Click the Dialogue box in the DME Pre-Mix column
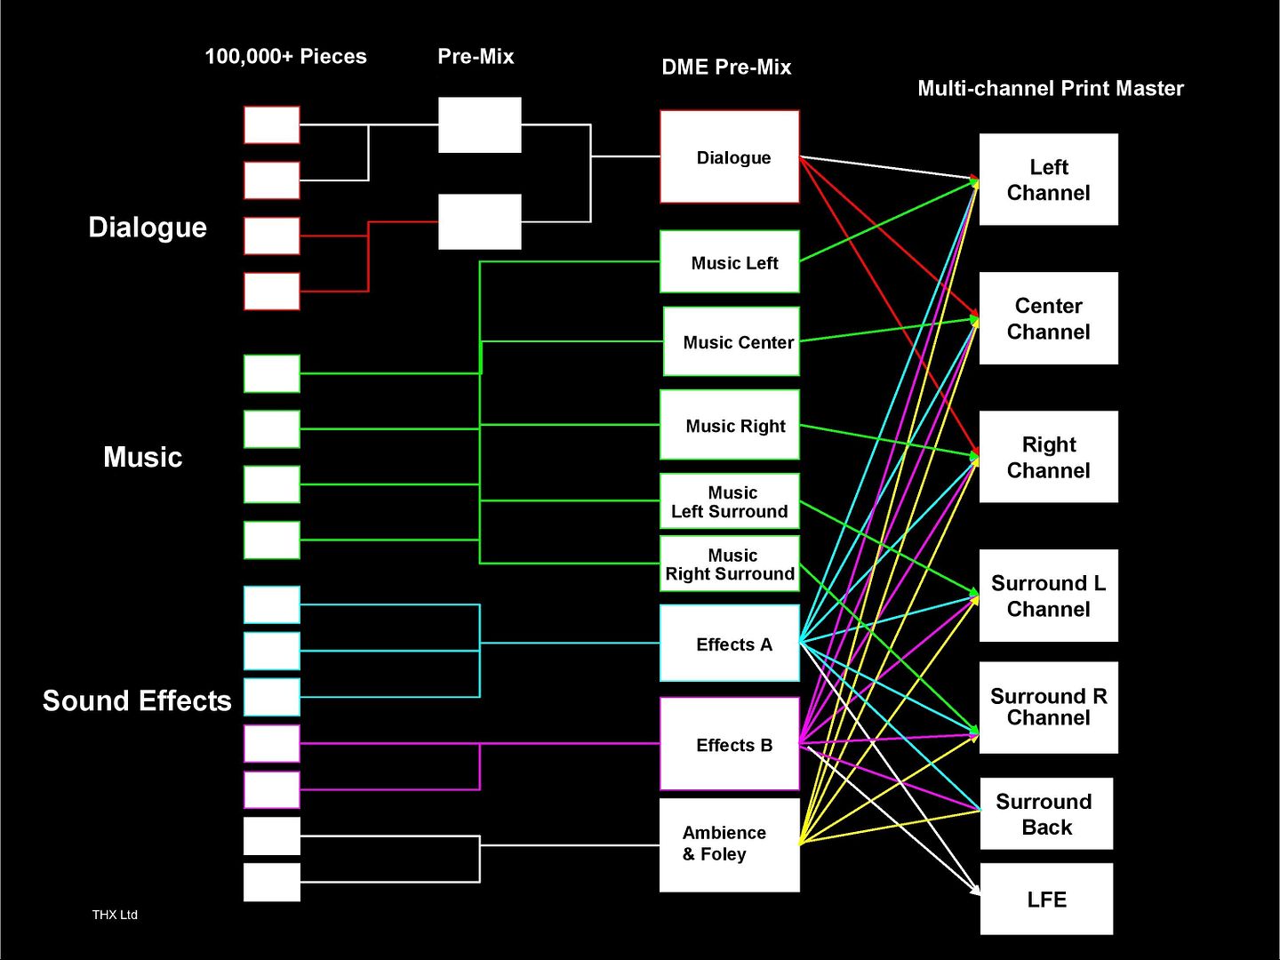(729, 156)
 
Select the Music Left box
(729, 262)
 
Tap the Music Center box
(731, 342)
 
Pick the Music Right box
(729, 425)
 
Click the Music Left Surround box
(729, 501)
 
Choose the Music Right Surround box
(729, 564)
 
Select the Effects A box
(729, 644)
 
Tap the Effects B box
(729, 744)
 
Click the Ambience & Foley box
(729, 844)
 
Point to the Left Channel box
(1048, 180)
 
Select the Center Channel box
(1048, 318)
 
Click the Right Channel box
(1048, 457)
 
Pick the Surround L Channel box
(1048, 596)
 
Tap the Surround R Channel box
(1048, 708)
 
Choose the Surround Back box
(1046, 813)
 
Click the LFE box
(1046, 899)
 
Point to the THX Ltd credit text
(115, 915)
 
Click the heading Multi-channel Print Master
(1050, 88)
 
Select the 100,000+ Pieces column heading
(285, 57)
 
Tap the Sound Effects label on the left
(137, 700)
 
